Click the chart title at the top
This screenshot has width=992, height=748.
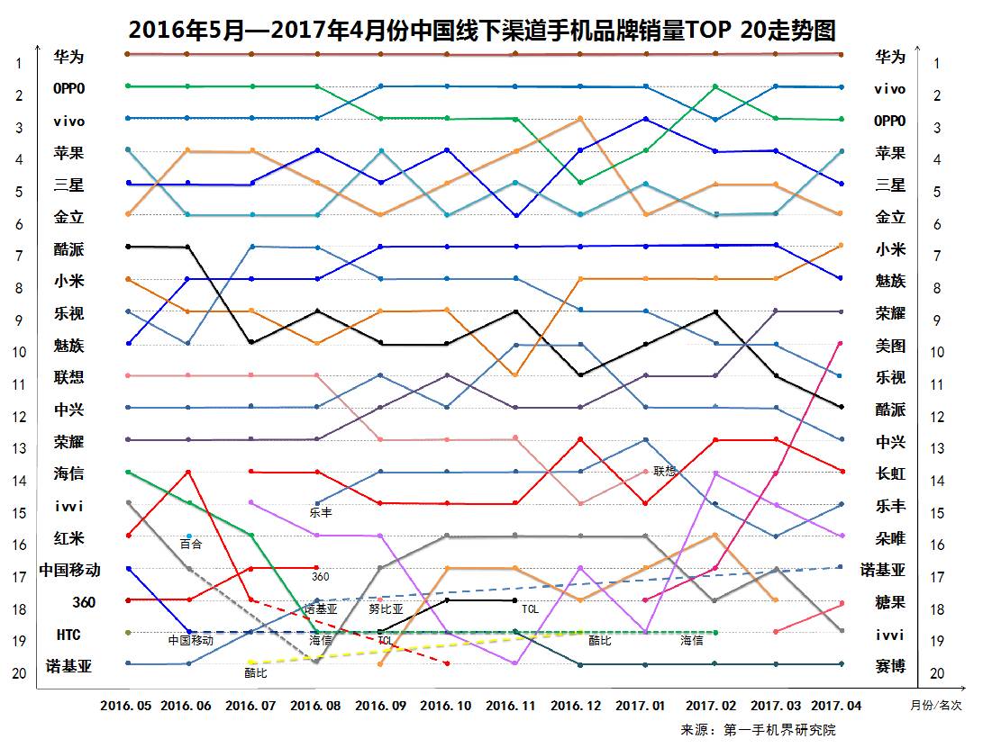pos(482,31)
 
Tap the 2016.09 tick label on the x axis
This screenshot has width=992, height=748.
pos(380,706)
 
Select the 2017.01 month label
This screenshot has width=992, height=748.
pos(642,706)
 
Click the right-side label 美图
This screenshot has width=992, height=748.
pos(890,346)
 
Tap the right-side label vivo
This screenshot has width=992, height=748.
pos(889,89)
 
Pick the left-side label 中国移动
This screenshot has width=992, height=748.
pos(69,570)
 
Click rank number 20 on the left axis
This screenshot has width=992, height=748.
pos(18,673)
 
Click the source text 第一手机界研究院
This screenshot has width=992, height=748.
pos(779,729)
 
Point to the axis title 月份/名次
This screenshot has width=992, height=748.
pos(936,706)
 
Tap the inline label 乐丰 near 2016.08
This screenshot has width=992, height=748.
pos(321,513)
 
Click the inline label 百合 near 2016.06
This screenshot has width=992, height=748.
pos(191,544)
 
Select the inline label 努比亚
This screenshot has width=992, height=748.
pos(385,608)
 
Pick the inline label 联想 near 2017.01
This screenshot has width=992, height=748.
pos(665,471)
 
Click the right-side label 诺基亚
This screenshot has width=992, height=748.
pos(883,570)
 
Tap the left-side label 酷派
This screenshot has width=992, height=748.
pos(68,249)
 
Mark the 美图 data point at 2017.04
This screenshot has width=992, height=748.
pos(841,343)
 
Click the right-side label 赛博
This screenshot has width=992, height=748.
pos(890,666)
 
